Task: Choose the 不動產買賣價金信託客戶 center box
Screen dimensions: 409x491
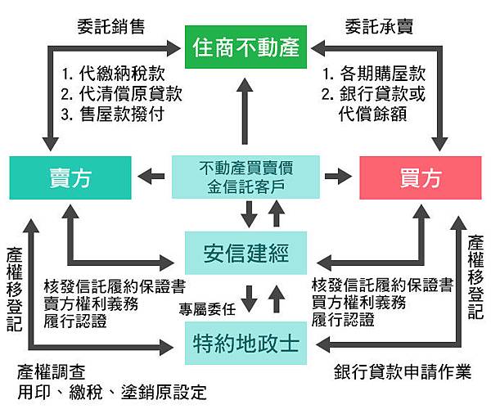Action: (245, 177)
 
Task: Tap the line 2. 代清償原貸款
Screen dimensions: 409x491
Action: (121, 92)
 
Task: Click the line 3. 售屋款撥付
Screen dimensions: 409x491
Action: (114, 113)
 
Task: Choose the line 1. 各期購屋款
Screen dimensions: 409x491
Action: (374, 72)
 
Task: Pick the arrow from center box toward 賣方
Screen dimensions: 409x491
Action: (152, 175)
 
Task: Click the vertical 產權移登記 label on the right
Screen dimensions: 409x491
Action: (476, 278)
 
